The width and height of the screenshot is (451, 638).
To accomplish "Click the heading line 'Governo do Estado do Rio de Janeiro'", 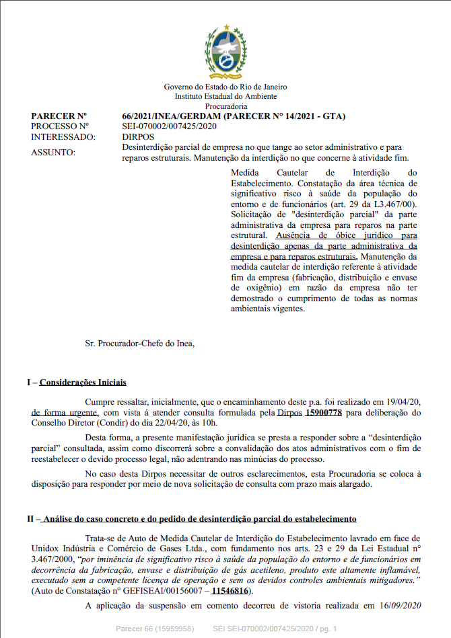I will coord(225,87).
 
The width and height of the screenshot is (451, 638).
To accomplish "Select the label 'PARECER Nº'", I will coord(59,116).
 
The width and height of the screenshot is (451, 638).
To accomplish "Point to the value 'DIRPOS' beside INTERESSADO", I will coord(139,136).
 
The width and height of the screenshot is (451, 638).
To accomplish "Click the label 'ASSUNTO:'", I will coord(54,152).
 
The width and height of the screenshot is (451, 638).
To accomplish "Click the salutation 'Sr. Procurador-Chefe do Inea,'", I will coord(140,344).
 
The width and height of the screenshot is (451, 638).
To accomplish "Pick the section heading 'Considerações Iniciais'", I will coord(83,383).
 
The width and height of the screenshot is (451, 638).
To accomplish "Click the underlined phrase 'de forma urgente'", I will coord(65,412).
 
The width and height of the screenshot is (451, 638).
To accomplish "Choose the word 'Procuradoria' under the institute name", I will coord(226,106).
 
